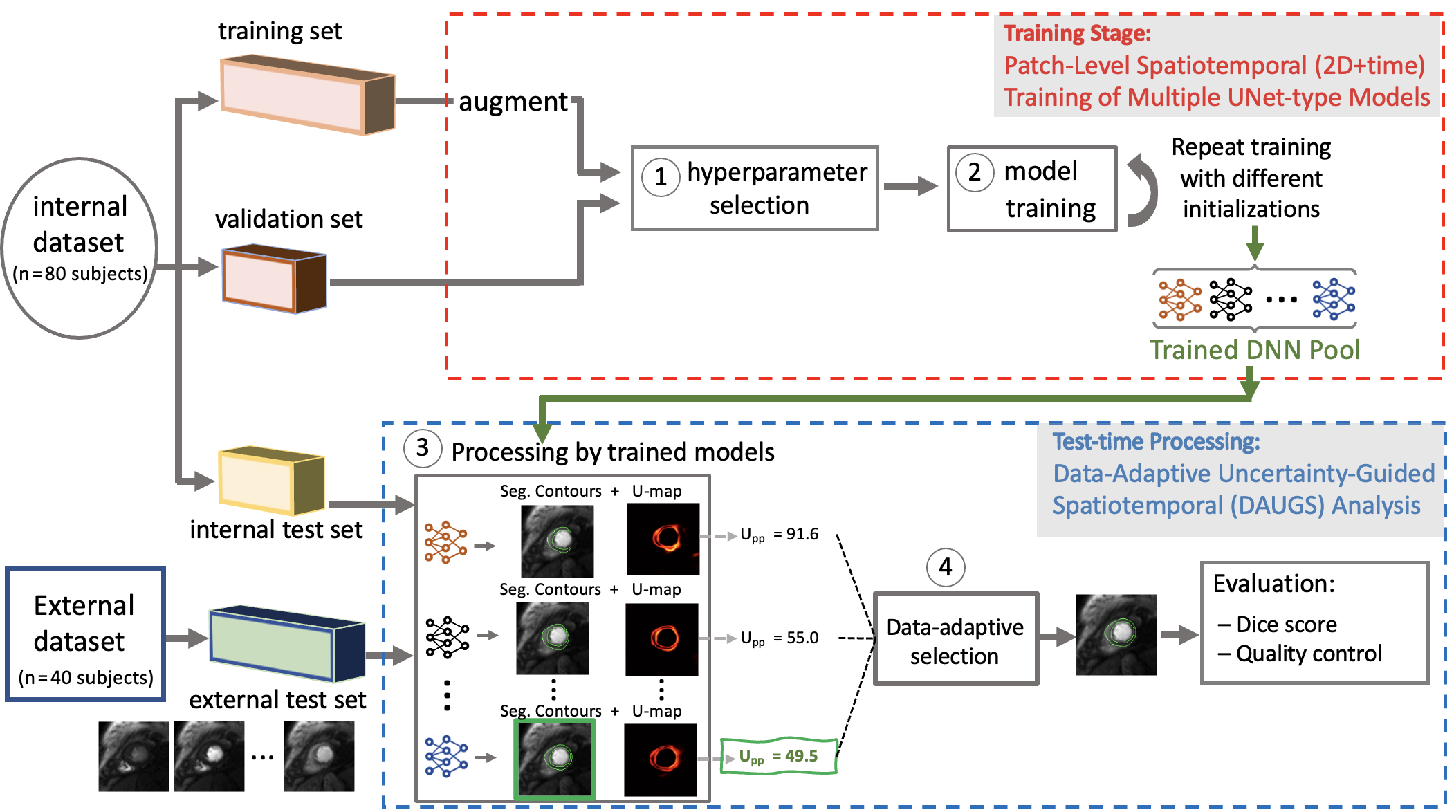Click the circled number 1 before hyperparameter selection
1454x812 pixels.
(x=661, y=177)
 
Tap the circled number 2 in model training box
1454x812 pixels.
(x=974, y=172)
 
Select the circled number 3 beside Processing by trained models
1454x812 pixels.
(x=423, y=447)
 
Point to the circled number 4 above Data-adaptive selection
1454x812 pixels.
(x=946, y=567)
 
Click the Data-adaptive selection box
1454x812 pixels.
(x=955, y=639)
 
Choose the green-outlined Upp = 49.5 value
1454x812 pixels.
(x=779, y=756)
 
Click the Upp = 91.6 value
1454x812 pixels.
(x=780, y=535)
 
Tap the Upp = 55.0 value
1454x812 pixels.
(x=780, y=638)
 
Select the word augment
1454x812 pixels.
(x=513, y=102)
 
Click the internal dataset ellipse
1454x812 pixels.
(x=80, y=248)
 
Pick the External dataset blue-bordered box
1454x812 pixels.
(x=85, y=634)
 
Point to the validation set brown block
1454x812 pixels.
(x=274, y=278)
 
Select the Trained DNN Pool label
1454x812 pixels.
(x=1254, y=350)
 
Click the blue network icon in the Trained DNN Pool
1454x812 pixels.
(x=1333, y=299)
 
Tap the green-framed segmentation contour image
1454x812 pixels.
(x=555, y=759)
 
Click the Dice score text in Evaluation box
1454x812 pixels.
(x=1286, y=625)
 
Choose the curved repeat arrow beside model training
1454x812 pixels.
(x=1144, y=191)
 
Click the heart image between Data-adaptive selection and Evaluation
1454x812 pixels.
(x=1116, y=634)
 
